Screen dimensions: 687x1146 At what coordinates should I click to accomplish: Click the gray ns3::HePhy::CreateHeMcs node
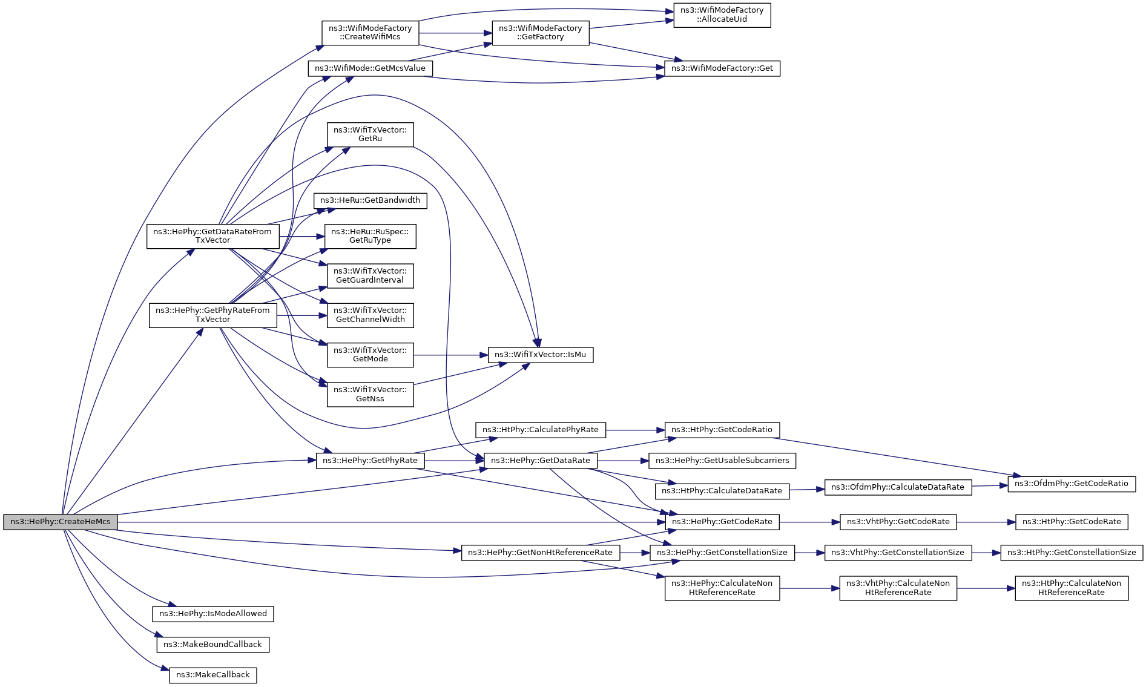pos(60,522)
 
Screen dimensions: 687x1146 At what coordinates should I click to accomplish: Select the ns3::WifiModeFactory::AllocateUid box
pos(722,15)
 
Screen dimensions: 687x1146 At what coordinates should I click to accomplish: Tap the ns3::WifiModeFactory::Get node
pos(722,68)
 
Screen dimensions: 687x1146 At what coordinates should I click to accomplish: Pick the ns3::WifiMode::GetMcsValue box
pos(370,68)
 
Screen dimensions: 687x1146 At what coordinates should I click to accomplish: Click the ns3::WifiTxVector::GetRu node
pos(370,134)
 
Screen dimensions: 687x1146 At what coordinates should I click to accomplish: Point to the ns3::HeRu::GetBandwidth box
pos(370,200)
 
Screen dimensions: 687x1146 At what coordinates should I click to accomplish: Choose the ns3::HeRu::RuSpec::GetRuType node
pos(370,236)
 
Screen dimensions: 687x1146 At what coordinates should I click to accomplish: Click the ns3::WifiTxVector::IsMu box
pos(540,355)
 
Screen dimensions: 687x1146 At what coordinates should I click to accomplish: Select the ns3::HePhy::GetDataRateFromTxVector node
pos(212,236)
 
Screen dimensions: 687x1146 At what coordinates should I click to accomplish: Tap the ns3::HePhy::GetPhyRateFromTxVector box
pos(212,315)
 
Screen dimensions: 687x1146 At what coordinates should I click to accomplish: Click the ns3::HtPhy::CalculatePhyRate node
pos(540,430)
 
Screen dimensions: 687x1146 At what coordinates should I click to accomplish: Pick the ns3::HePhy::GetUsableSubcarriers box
pos(722,461)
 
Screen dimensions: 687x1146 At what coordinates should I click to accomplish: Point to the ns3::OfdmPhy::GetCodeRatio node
pos(1071,484)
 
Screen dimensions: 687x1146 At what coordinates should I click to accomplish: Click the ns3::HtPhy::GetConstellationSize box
pos(1071,553)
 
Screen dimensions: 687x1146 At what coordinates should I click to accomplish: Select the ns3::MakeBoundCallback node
pos(212,645)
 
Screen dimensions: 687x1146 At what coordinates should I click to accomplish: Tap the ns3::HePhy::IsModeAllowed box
pos(212,614)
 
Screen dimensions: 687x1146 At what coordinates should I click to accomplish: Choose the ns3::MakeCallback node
pos(212,675)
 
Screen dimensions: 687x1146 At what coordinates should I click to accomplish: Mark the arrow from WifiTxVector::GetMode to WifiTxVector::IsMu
pos(450,355)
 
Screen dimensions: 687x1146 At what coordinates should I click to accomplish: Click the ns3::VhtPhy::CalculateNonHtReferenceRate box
pos(898,588)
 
